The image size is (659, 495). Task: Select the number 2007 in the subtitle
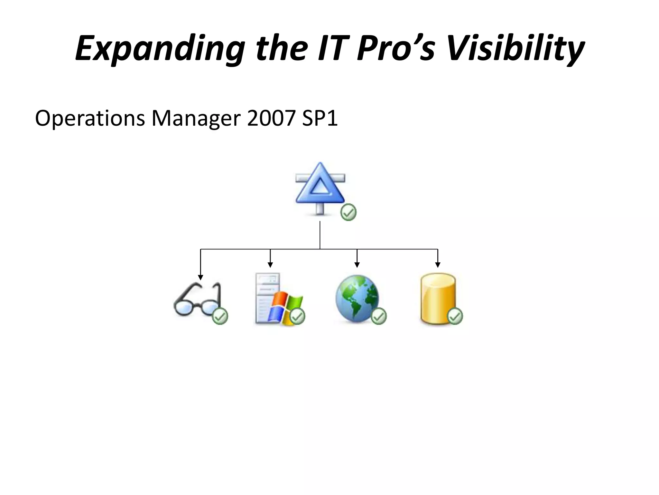271,118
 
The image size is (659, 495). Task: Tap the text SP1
320,118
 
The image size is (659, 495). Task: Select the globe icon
357,298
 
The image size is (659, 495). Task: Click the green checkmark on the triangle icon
348,212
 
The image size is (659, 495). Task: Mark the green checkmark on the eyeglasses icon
220,316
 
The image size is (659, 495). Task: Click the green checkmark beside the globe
379,316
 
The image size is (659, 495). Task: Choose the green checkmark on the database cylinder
455,316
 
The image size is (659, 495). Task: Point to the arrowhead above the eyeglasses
200,277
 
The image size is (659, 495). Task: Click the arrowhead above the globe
357,265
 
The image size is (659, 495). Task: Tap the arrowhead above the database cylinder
438,265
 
